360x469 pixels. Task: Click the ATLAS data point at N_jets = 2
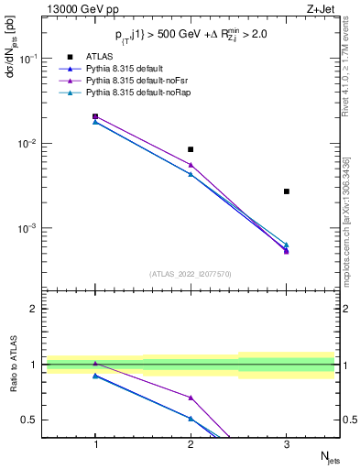pyautogui.click(x=191, y=149)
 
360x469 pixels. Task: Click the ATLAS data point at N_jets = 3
pyautogui.click(x=286, y=191)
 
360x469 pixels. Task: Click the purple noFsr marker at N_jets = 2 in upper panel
pyautogui.click(x=191, y=165)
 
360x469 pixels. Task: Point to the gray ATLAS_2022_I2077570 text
pyautogui.click(x=191, y=273)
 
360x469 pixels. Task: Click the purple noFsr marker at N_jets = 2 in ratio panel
pyautogui.click(x=191, y=398)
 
